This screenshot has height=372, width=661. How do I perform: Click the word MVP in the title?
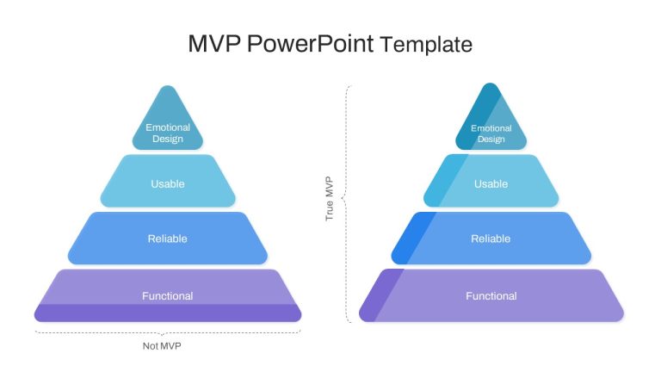[214, 43]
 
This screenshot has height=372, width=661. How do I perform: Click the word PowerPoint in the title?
[310, 43]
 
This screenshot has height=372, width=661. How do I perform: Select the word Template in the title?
[426, 44]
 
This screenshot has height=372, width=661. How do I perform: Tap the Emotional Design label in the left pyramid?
[168, 133]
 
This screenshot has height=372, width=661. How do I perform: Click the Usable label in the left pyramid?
[168, 184]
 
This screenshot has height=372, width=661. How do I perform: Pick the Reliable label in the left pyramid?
[167, 239]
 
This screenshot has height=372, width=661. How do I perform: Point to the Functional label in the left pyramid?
[167, 295]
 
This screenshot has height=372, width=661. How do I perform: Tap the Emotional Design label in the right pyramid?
[491, 133]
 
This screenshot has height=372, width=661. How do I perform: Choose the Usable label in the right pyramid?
[491, 184]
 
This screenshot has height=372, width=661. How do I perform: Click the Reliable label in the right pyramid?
[491, 239]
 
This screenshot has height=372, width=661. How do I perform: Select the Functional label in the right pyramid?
[491, 295]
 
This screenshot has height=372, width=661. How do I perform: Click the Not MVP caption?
[162, 346]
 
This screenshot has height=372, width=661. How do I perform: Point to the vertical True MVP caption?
[330, 198]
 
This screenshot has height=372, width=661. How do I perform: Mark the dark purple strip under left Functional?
[168, 313]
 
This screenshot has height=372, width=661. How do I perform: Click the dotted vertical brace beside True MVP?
[347, 204]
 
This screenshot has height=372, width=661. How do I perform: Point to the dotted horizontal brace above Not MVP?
[168, 332]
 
